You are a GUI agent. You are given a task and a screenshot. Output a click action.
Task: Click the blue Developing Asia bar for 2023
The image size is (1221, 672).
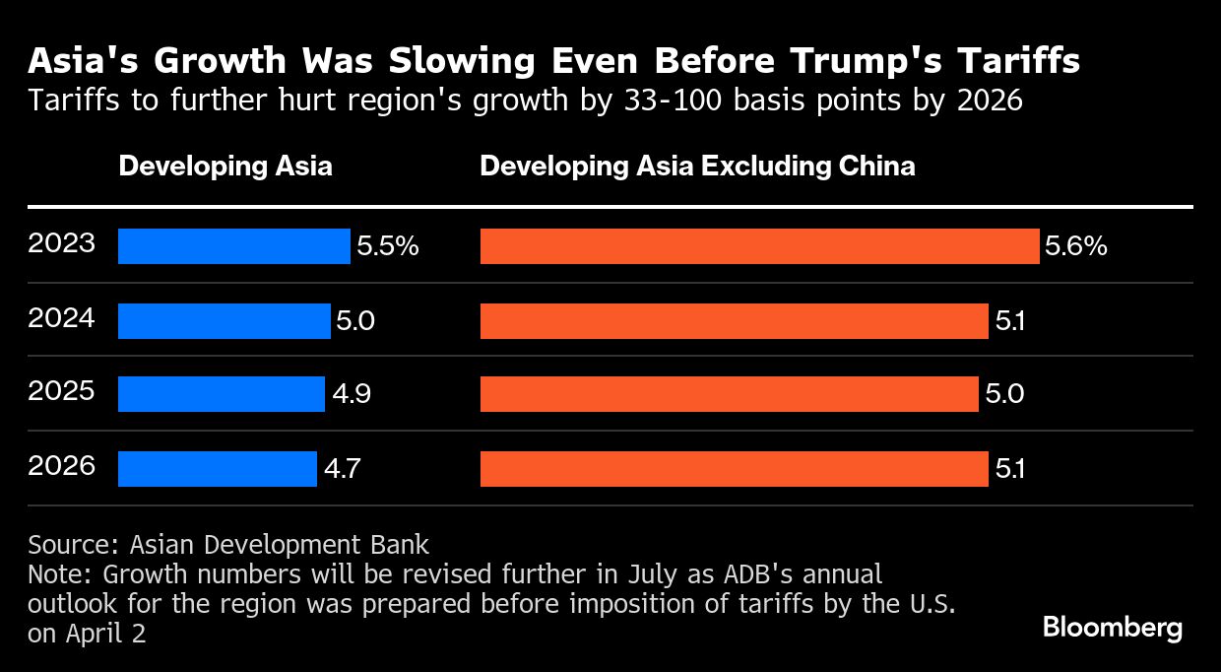pos(233,246)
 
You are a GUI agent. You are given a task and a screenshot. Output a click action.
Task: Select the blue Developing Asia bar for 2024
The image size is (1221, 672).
pos(224,321)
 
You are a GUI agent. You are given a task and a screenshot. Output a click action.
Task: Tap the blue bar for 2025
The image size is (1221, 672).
pos(221,394)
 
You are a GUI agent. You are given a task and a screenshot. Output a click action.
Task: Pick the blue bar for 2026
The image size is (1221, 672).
pos(217,469)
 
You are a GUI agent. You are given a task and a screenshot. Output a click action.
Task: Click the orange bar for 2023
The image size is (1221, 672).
pos(759,246)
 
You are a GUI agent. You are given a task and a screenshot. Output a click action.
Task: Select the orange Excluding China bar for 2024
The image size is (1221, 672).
pos(734,321)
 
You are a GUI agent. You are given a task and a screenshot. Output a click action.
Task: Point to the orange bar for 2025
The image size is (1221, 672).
pos(729,394)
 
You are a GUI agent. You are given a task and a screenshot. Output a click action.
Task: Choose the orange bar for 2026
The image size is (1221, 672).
pos(734,469)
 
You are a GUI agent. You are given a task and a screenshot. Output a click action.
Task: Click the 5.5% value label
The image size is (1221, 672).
pos(388,246)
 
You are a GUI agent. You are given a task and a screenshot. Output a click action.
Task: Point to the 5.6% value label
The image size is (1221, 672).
pos(1076,246)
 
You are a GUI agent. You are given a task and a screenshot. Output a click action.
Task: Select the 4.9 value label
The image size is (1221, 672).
pos(351,394)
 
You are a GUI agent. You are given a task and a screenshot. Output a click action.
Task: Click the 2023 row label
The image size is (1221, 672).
pos(61,243)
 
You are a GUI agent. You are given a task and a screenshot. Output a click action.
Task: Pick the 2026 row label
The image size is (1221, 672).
pos(61,465)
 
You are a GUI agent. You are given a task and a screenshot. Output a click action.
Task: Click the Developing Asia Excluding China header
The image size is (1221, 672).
pos(697,166)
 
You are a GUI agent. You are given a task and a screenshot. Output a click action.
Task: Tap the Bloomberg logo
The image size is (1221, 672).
pos(1113,628)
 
